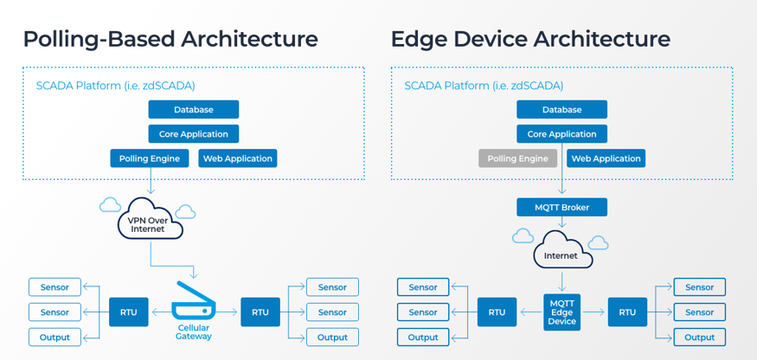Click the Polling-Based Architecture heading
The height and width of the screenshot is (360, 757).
(170, 39)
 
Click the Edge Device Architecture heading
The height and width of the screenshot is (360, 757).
(530, 39)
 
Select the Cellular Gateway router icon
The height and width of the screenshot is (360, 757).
(193, 302)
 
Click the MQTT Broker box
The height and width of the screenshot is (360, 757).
(561, 208)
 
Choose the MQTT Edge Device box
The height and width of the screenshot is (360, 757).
(561, 312)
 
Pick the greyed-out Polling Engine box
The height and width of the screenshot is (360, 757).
(517, 158)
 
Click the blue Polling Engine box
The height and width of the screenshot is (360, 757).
(150, 158)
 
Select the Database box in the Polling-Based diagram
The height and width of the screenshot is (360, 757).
(193, 110)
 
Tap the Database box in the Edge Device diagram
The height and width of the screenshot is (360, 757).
(561, 110)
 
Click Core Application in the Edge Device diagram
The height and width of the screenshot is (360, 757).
(561, 134)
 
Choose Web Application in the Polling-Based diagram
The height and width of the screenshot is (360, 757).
(237, 158)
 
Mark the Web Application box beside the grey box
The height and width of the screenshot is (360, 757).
(606, 158)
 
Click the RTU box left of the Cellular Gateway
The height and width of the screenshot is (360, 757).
(129, 312)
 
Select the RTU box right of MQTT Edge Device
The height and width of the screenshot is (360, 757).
(627, 312)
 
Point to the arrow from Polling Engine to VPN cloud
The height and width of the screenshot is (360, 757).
(150, 182)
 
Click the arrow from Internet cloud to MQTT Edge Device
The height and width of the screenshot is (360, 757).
(561, 281)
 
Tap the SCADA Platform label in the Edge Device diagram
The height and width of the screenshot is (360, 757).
(484, 86)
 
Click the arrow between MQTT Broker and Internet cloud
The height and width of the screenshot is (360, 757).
(561, 222)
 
